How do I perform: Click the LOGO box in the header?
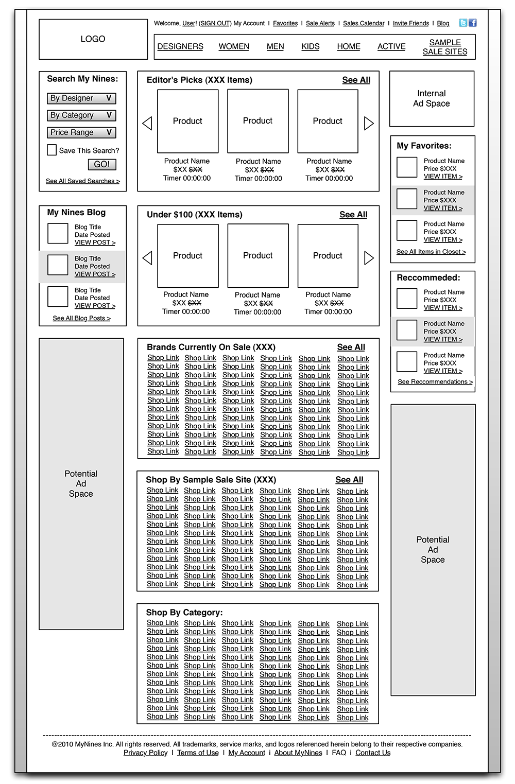click(x=93, y=39)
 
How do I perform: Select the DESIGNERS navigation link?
click(x=180, y=46)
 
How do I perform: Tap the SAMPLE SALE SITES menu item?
click(x=445, y=47)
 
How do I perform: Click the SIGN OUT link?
click(x=215, y=23)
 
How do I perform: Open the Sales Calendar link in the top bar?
click(x=364, y=23)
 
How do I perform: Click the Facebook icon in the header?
click(x=473, y=23)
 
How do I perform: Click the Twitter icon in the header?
click(x=463, y=23)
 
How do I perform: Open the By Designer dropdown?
click(x=81, y=98)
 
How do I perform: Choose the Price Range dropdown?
click(x=81, y=132)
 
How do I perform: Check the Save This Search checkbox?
click(x=51, y=150)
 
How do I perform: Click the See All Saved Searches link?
click(x=82, y=181)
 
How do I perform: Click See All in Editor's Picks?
click(x=356, y=80)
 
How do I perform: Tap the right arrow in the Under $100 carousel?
click(x=369, y=258)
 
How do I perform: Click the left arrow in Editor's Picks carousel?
click(x=147, y=123)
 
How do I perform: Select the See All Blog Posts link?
click(x=81, y=318)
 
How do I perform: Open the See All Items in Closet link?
click(x=431, y=252)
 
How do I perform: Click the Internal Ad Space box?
click(x=432, y=99)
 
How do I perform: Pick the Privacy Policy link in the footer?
click(x=145, y=753)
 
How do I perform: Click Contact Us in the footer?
click(x=373, y=753)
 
